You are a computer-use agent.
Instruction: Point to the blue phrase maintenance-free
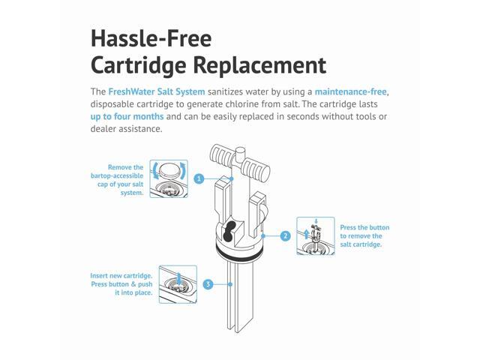346,91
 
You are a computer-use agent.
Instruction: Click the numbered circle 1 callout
199,179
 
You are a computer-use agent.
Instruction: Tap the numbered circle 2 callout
285,235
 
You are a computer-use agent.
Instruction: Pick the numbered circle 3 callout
208,284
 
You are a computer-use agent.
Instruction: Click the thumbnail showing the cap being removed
169,178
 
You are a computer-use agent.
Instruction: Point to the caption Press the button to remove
364,235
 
